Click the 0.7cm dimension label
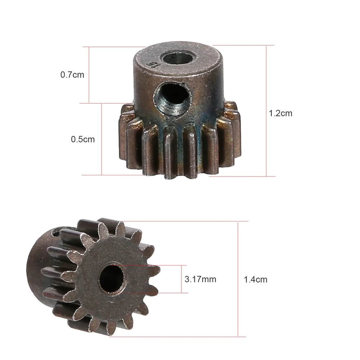tap(72, 75)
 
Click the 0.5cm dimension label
tap(83, 139)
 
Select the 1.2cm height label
tap(280, 113)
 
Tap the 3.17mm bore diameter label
tap(200, 279)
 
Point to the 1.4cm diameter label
tap(256, 279)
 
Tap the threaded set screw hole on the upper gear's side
tap(172, 98)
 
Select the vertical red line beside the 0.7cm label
tap(89, 75)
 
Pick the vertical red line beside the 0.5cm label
tap(102, 139)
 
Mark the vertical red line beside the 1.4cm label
tap(238, 279)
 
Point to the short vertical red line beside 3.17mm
tap(181, 279)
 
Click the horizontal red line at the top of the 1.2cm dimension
tap(245, 45)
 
